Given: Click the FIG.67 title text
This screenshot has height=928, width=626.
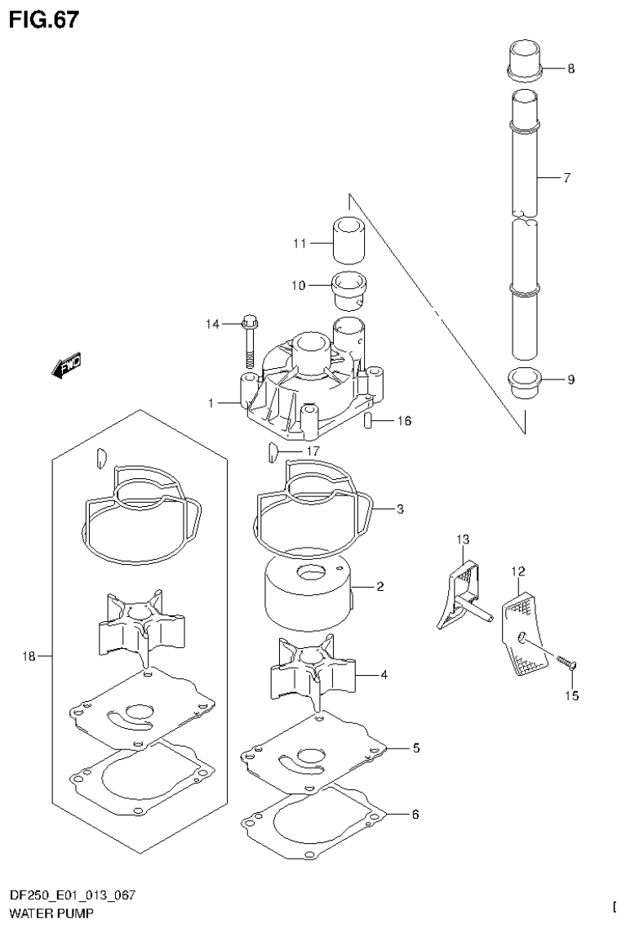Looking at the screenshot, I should (x=45, y=20).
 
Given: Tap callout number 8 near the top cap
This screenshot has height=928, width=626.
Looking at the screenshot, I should (x=571, y=69).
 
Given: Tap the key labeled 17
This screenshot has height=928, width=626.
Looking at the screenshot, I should (x=273, y=450).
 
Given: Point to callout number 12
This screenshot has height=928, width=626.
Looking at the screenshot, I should (x=517, y=572).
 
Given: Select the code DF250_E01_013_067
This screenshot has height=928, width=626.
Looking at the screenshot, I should (x=73, y=896).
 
